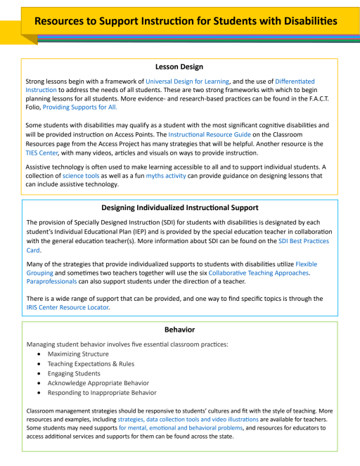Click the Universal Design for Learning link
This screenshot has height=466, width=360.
pos(184,82)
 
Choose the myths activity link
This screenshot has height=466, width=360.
pos(166,176)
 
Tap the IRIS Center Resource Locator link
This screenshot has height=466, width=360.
pos(67,307)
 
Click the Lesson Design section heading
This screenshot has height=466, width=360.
pos(179,67)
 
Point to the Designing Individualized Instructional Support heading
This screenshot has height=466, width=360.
pos(179,208)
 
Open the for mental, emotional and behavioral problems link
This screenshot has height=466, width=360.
pos(179,427)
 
